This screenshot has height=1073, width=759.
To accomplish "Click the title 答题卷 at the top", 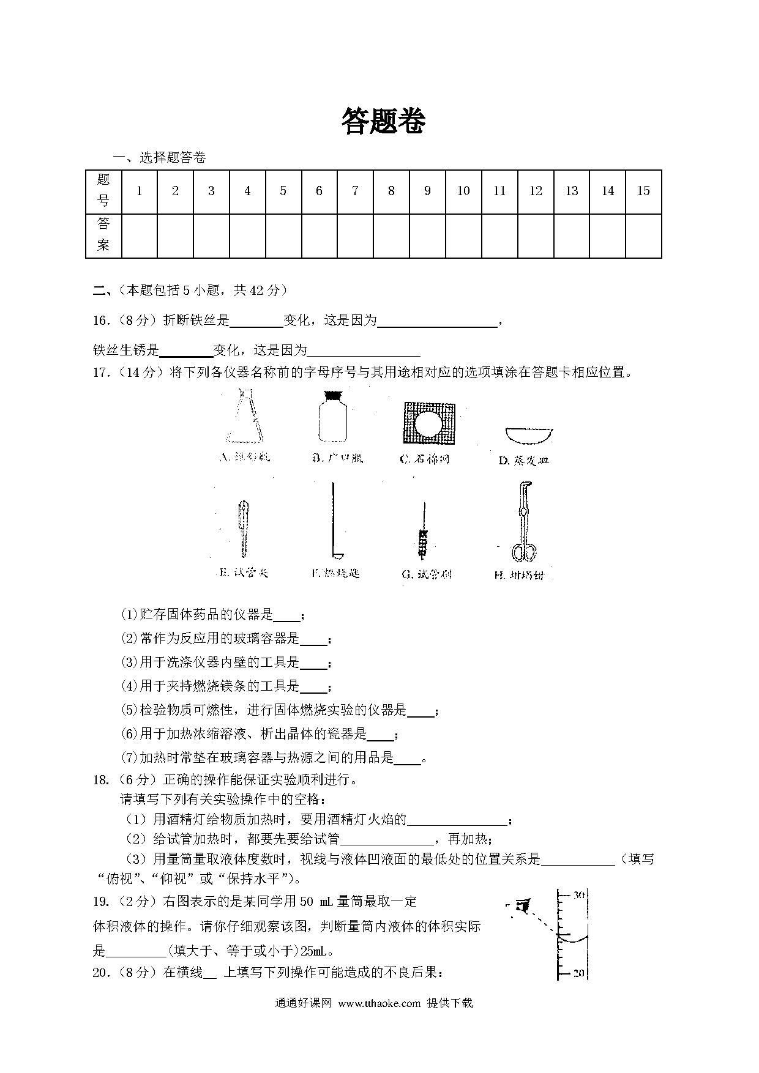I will (383, 121).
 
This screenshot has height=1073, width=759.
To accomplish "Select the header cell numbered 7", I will (355, 191).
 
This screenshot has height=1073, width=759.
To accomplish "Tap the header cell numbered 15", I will (643, 191).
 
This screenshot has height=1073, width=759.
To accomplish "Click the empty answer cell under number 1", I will (139, 236).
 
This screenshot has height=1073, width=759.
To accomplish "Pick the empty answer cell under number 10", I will (463, 236).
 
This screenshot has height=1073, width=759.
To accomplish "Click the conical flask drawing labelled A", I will (245, 417).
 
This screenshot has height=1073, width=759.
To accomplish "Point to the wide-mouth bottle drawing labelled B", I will (332, 418).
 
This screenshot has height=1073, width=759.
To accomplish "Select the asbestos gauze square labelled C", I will (428, 423).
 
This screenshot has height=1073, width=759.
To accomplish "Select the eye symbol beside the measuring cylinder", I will (522, 904).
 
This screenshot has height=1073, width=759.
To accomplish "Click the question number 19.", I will (102, 901).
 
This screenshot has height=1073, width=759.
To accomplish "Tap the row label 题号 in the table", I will (103, 190).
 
